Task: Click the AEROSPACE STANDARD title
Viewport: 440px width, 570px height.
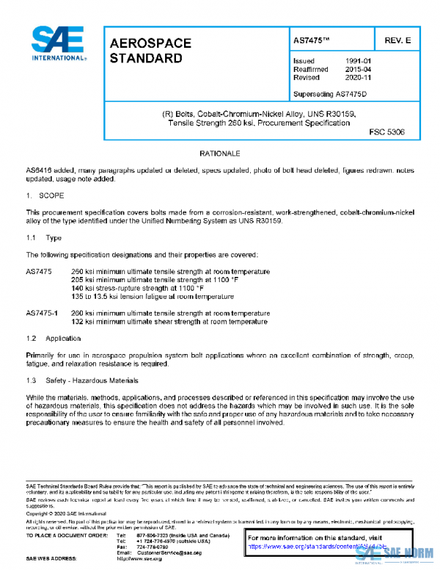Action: (x=150, y=50)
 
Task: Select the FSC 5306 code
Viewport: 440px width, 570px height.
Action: (x=386, y=133)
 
